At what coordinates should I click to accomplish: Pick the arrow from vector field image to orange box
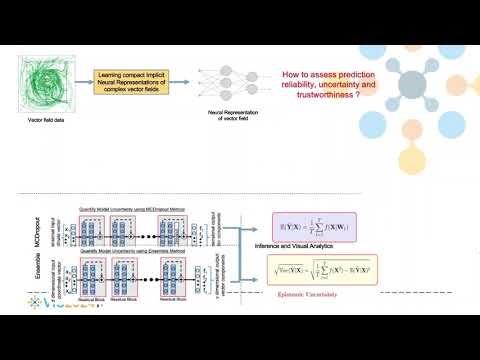tap(85, 79)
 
